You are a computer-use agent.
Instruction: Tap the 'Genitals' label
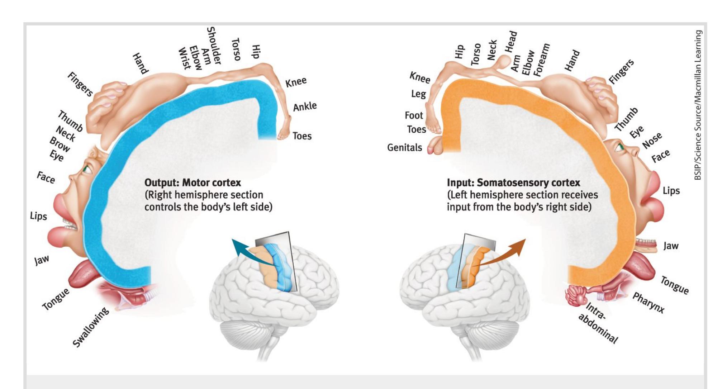(x=404, y=147)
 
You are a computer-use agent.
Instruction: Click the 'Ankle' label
(x=305, y=106)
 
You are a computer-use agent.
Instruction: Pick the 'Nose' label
(x=652, y=140)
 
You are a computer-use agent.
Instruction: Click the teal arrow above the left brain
(x=245, y=247)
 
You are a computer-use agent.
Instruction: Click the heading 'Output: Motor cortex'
(x=193, y=182)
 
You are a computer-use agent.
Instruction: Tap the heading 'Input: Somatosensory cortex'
(x=513, y=182)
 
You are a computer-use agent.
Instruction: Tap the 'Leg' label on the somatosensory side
(x=418, y=94)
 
